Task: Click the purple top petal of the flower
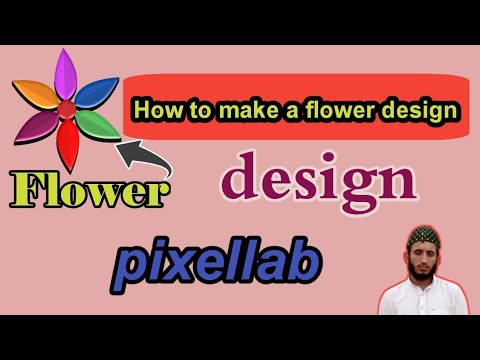[x=66, y=75]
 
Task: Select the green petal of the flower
[x=92, y=124]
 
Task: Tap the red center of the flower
[x=66, y=107]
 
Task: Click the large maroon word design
[x=318, y=181]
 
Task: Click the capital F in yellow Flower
[x=27, y=187]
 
